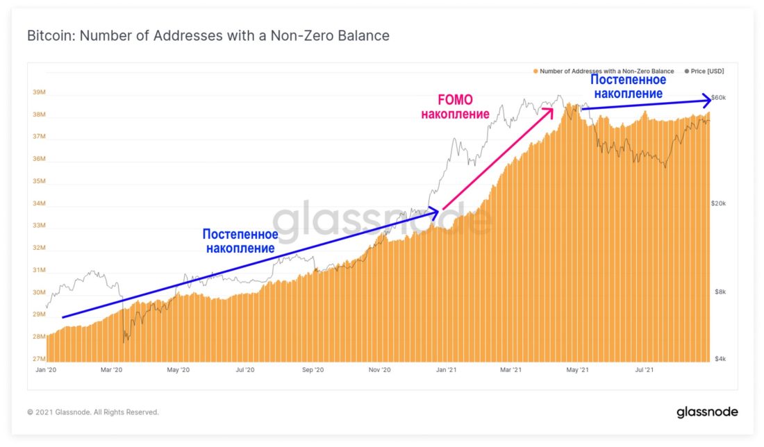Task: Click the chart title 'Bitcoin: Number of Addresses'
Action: pos(208,35)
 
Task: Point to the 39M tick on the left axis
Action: pos(39,93)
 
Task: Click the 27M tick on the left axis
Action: pos(39,359)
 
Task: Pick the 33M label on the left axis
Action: pos(39,226)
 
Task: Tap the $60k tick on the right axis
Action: pos(718,97)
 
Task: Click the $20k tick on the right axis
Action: pos(718,203)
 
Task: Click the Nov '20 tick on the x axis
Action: pos(379,371)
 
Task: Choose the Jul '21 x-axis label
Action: pos(645,371)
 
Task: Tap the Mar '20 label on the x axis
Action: pos(111,371)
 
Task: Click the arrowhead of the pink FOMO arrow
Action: pos(552,108)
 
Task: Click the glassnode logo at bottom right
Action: pos(707,412)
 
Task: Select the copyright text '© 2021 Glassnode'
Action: pos(93,412)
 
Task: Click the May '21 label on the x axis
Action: pos(579,371)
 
